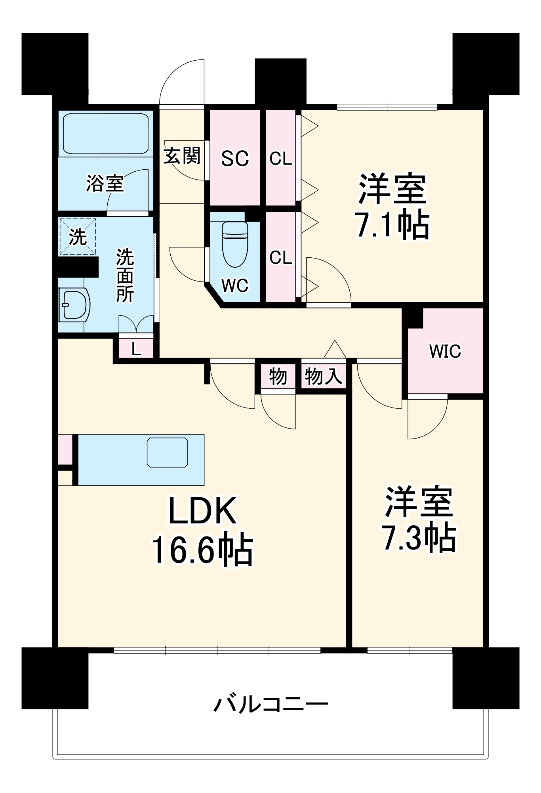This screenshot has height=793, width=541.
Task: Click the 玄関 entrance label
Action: click(182, 155)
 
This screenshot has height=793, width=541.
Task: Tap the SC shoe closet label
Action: click(235, 159)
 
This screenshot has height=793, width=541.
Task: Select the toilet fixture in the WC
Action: click(235, 243)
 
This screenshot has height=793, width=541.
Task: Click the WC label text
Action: click(235, 285)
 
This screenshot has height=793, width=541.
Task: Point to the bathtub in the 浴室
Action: click(105, 133)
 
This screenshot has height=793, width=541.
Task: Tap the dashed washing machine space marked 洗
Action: click(78, 237)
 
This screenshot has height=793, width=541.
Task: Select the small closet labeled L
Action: click(136, 349)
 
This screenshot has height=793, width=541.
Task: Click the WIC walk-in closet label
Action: click(445, 351)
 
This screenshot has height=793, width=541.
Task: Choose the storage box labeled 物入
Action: click(323, 375)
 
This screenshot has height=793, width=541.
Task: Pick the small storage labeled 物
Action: click(278, 375)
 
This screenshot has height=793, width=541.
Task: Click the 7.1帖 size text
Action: click(392, 225)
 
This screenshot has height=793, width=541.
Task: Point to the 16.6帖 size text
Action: click(202, 550)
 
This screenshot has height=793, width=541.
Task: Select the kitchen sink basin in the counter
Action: click(168, 452)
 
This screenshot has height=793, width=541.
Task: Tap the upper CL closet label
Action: click(280, 159)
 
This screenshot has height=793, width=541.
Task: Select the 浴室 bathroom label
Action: click(105, 184)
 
